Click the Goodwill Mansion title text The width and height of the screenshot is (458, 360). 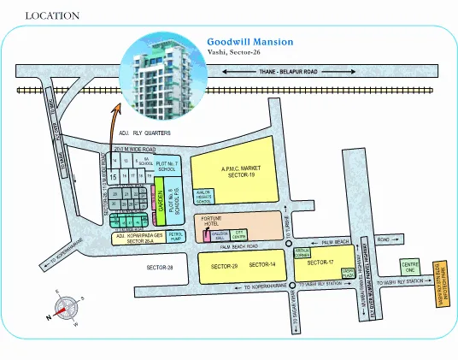click(250, 41)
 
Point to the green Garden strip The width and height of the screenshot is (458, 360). click(160, 202)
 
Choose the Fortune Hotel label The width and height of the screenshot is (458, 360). click(211, 221)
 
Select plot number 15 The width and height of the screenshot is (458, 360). click(113, 175)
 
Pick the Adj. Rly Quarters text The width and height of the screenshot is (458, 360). click(139, 134)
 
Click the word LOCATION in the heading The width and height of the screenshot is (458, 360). click(53, 15)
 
